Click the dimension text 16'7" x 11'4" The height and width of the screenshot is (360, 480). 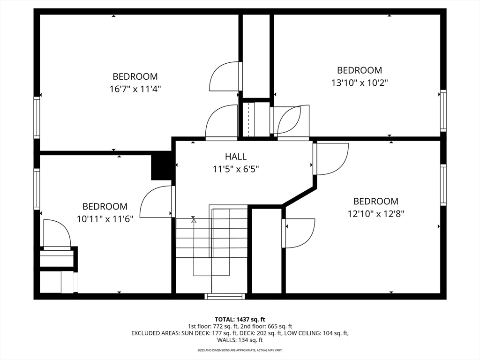135,89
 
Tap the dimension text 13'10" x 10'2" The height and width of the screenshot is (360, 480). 360,82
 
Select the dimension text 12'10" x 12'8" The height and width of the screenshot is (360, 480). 375,214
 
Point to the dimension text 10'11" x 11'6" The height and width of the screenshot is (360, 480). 105,218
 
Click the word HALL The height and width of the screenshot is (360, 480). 235,157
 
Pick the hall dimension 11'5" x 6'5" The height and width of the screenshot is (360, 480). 235,169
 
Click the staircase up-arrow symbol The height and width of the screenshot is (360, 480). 194,219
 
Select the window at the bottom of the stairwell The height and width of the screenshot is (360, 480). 225,296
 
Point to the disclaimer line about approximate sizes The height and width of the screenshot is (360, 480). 240,350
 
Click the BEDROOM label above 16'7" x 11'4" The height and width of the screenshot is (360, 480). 135,76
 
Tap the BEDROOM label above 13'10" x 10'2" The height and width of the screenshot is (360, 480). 360,70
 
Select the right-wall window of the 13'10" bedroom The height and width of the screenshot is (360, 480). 443,111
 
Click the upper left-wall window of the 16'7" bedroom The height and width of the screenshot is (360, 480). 37,117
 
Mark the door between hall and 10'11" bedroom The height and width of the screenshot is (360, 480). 157,202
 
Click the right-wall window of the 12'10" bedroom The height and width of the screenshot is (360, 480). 443,185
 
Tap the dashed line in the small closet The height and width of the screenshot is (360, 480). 248,119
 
